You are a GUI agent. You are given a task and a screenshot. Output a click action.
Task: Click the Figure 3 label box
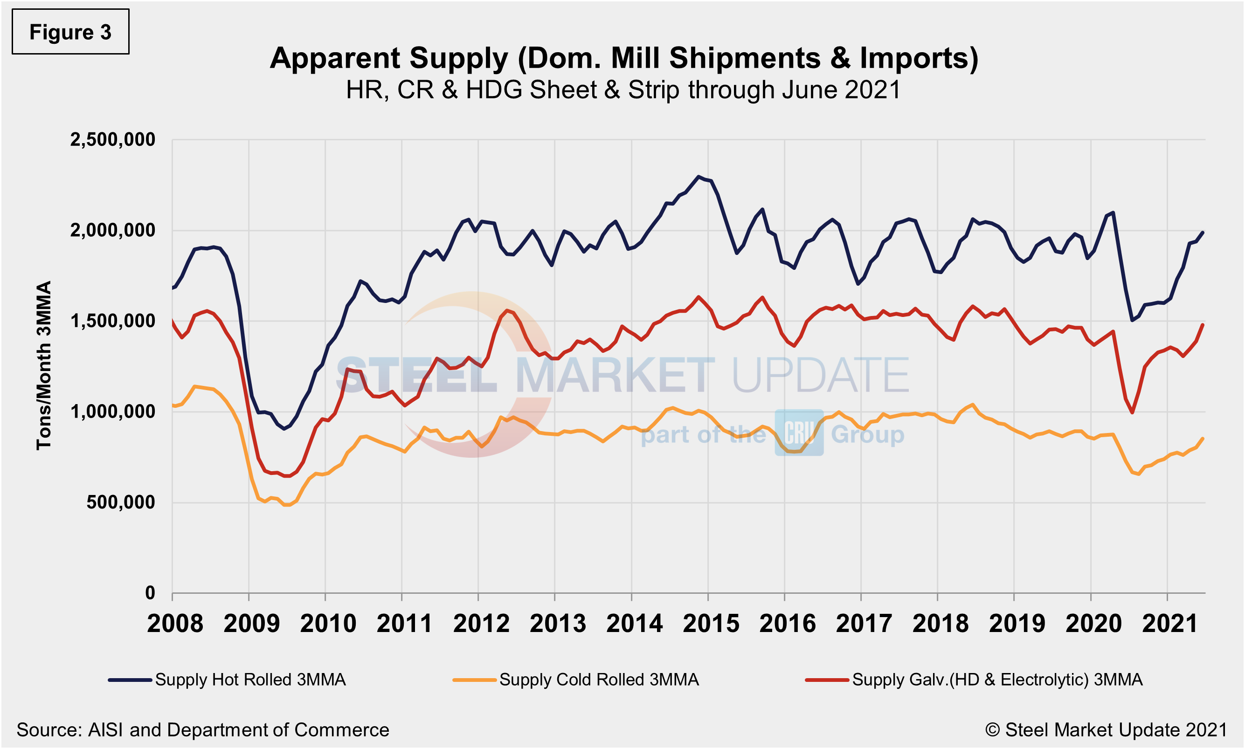[70, 32]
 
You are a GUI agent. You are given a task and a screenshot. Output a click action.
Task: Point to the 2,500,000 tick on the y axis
[112, 140]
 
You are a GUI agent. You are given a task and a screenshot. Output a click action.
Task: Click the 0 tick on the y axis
[150, 592]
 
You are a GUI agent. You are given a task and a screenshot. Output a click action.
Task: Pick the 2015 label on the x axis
[710, 623]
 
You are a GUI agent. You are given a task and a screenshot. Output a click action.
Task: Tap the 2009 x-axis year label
[251, 623]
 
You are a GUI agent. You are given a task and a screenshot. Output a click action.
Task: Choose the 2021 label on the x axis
[1169, 623]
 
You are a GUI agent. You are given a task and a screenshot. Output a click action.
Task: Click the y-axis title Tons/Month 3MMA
[44, 365]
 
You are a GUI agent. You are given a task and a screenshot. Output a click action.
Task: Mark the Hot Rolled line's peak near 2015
[698, 177]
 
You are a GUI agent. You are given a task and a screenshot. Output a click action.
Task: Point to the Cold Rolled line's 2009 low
[286, 505]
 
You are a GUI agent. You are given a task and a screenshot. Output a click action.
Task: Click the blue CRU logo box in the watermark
[799, 433]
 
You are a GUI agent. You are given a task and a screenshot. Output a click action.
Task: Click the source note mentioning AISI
[202, 730]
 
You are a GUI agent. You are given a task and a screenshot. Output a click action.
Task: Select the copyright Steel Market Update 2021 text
[1106, 730]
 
